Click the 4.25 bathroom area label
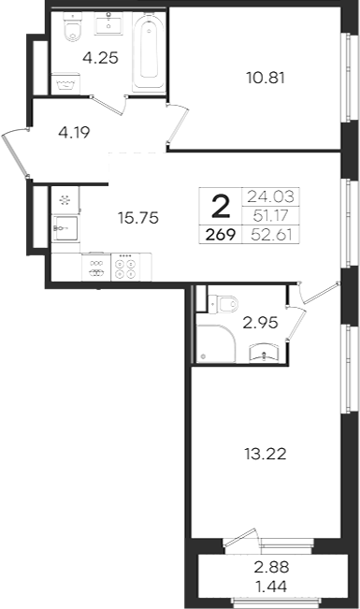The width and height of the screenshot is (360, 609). (x=100, y=58)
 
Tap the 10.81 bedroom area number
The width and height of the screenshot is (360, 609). (x=266, y=78)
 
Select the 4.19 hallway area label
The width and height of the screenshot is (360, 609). (x=74, y=133)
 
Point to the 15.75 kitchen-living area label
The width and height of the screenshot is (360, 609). (x=138, y=218)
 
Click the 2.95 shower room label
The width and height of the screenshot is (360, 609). (x=260, y=323)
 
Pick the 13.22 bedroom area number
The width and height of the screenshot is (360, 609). (x=266, y=454)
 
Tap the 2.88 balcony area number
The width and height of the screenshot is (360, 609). (x=271, y=567)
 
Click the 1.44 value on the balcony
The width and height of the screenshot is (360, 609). (x=272, y=587)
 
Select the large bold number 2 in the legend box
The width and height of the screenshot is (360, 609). (x=221, y=207)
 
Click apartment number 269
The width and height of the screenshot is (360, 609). (x=221, y=235)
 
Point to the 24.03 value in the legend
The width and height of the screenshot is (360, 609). (x=270, y=196)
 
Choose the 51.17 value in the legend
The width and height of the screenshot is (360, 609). (x=270, y=215)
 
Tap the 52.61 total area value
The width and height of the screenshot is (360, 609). (x=271, y=235)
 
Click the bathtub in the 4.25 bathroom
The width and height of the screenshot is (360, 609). (x=150, y=52)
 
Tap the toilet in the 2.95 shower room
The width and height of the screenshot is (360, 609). (x=223, y=303)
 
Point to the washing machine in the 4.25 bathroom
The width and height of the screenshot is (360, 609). (x=65, y=83)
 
